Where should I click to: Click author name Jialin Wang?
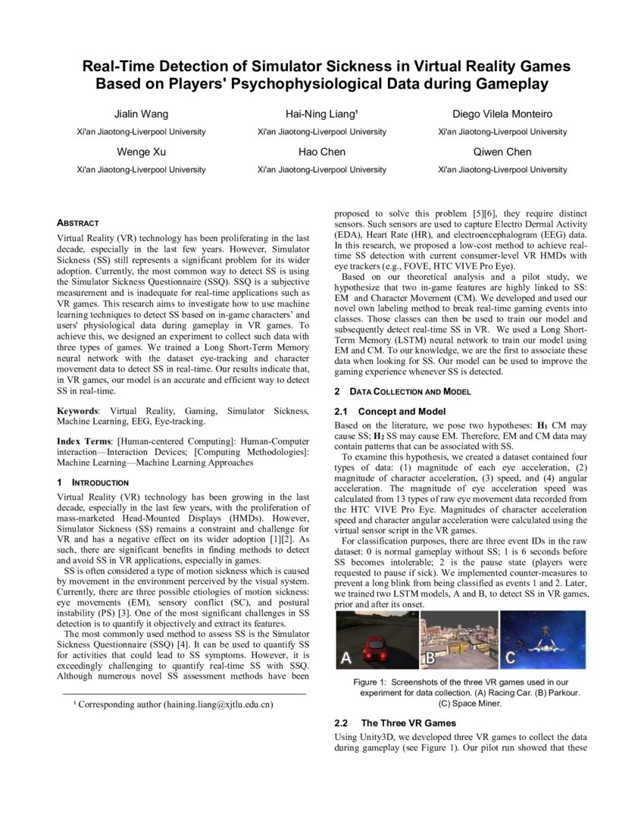(141, 114)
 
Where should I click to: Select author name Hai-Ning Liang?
(320, 114)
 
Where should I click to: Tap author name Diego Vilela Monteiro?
(502, 114)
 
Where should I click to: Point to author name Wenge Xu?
(141, 152)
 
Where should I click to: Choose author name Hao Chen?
(321, 152)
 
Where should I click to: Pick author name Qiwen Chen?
(502, 152)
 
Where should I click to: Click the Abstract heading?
(78, 223)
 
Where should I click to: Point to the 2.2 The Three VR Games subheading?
(395, 723)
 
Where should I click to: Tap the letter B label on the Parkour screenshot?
(430, 657)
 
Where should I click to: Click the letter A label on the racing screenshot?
(345, 657)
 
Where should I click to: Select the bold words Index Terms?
(85, 441)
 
